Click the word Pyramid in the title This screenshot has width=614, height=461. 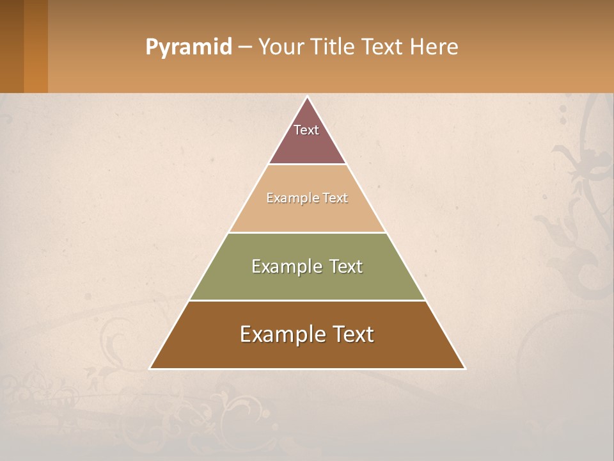188,47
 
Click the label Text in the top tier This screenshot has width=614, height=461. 306,130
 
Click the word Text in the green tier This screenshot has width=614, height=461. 347,266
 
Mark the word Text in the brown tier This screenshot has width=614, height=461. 353,334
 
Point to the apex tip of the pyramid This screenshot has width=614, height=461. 308,97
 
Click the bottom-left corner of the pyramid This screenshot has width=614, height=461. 151,368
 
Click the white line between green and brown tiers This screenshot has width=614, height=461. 307,300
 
